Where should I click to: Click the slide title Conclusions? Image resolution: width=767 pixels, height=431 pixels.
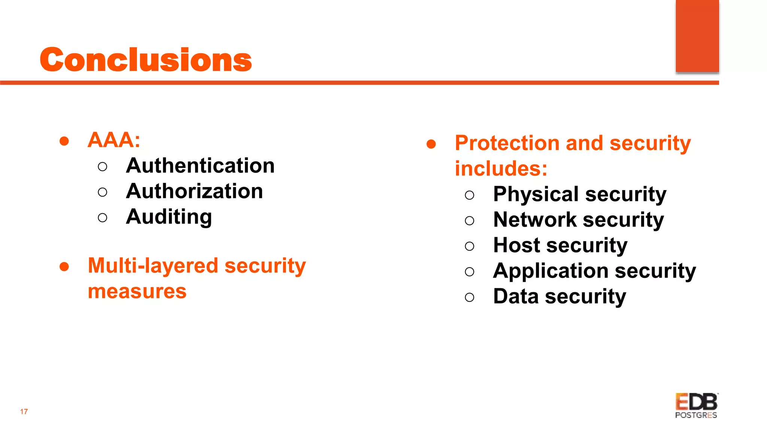[x=146, y=60]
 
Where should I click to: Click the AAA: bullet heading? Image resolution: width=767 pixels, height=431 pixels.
[x=114, y=140]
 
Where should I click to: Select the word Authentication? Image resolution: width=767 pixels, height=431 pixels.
[x=200, y=166]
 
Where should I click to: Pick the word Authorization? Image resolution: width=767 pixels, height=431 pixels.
[x=194, y=191]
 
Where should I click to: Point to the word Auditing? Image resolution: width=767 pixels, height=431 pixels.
[x=169, y=217]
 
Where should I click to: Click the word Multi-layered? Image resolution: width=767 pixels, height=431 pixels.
[x=153, y=266]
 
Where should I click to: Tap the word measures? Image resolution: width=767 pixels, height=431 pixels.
[x=137, y=291]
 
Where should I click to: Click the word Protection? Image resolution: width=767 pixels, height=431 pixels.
[x=507, y=143]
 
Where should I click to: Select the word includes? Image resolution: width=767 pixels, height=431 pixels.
[x=501, y=169]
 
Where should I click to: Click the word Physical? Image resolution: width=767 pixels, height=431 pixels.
[x=536, y=194]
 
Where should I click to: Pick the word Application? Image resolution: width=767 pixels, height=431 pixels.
[x=551, y=271]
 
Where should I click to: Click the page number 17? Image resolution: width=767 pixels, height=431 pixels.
[x=24, y=412]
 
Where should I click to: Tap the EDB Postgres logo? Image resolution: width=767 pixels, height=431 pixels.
[x=696, y=406]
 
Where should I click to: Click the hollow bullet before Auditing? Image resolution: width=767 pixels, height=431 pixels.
[x=102, y=218]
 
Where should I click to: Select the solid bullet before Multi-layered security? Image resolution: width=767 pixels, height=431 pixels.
[x=64, y=266]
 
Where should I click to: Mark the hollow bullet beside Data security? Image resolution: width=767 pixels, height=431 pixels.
[x=469, y=297]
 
